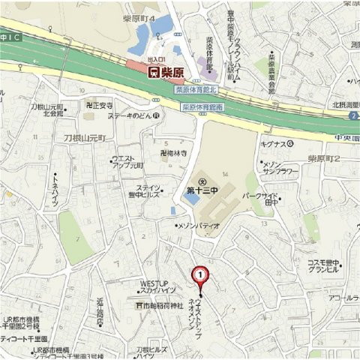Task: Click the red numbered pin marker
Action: pos(200,275)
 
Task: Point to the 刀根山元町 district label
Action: pos(88,139)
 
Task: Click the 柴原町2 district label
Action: pos(323,158)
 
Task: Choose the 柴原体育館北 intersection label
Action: pos(197,88)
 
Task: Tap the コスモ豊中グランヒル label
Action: pos(324,267)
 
